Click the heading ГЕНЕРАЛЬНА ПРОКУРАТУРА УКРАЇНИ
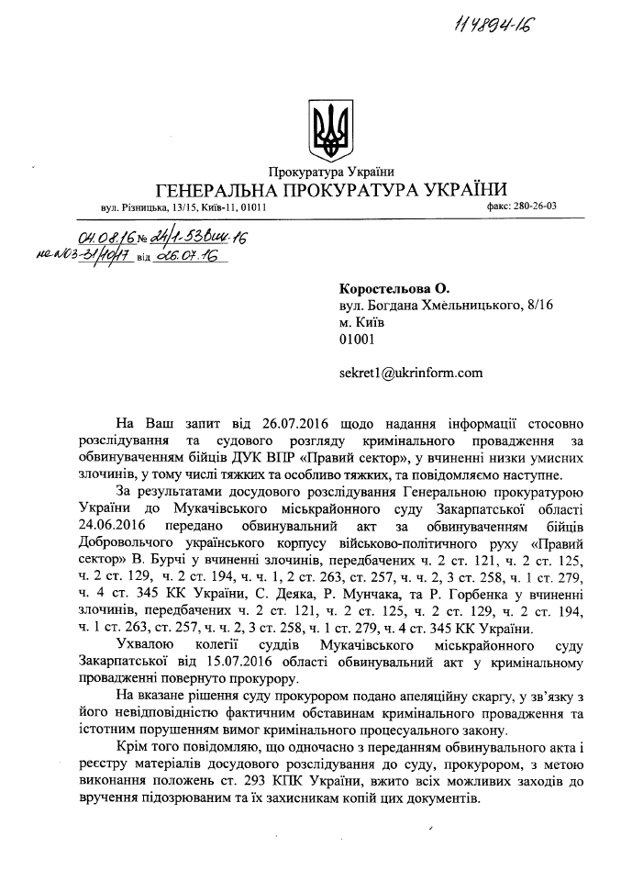coord(332,190)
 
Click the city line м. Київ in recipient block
coord(361,323)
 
